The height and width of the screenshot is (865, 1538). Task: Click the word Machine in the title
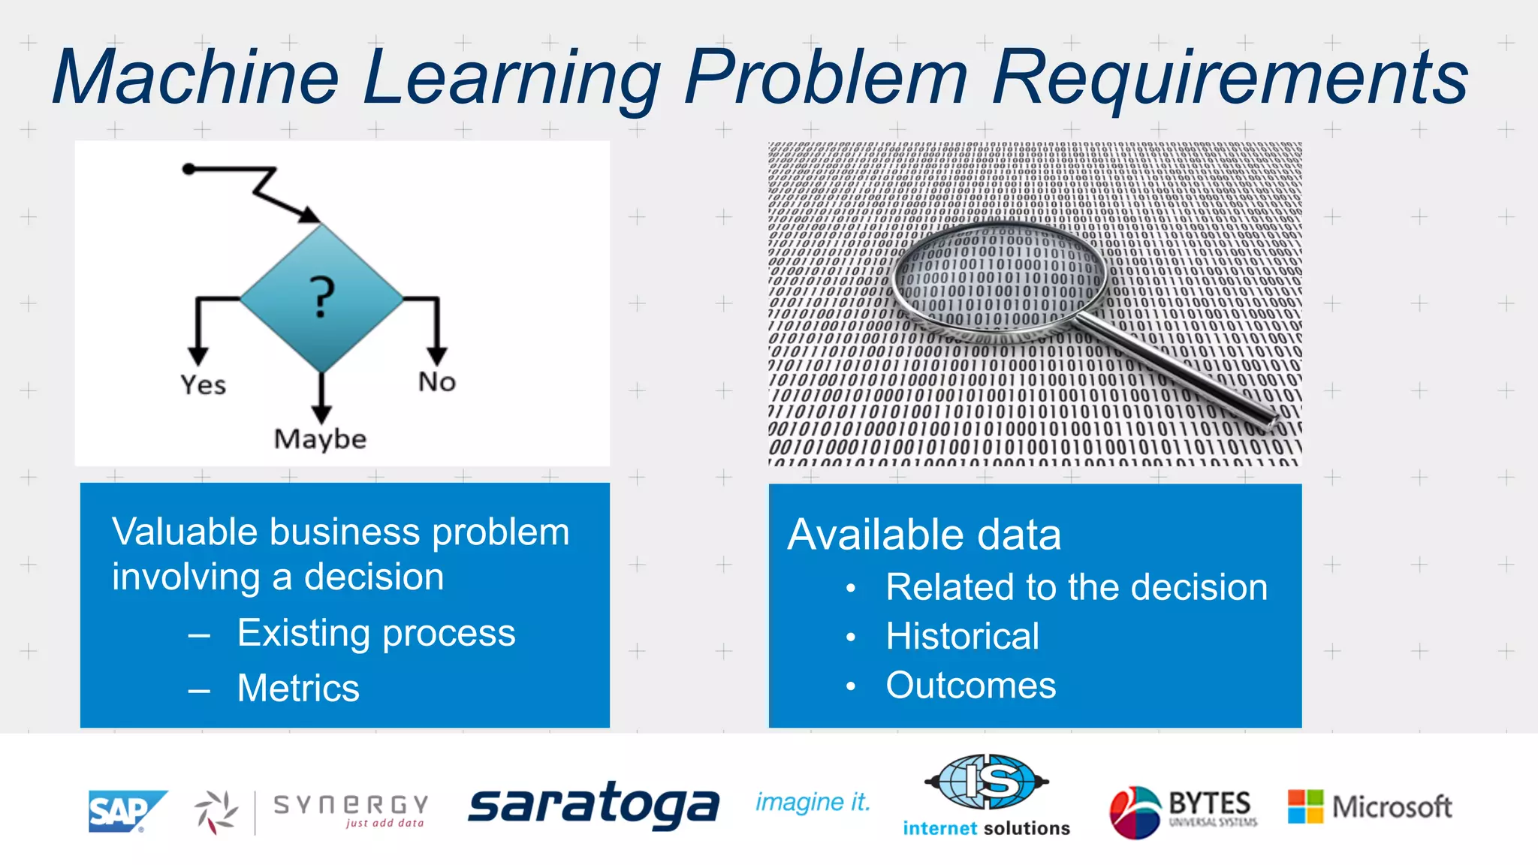pos(197,77)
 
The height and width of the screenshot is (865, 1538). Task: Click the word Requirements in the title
pos(1229,77)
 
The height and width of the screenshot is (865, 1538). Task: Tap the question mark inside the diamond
pos(322,297)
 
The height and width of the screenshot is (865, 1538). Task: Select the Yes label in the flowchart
pos(203,384)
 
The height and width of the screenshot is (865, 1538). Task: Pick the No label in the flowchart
pos(436,381)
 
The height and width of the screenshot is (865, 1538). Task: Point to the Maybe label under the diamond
pos(320,439)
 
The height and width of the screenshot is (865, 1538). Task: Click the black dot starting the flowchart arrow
pos(189,170)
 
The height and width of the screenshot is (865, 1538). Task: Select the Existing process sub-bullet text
pos(376,633)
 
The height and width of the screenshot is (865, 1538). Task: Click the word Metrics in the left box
pos(298,688)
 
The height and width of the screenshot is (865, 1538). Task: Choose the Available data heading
pos(924,535)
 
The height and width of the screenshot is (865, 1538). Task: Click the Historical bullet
pos(962,636)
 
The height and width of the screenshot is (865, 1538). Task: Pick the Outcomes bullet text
pos(970,686)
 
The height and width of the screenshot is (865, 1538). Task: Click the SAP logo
pos(125,811)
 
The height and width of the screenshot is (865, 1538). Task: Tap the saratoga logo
pos(593,806)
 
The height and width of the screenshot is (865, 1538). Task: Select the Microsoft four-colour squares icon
pos(1305,806)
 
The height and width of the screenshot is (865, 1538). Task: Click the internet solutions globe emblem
pos(987,782)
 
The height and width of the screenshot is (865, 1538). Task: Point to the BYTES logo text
pos(1209,804)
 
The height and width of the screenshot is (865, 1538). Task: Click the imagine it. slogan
pos(813,803)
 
